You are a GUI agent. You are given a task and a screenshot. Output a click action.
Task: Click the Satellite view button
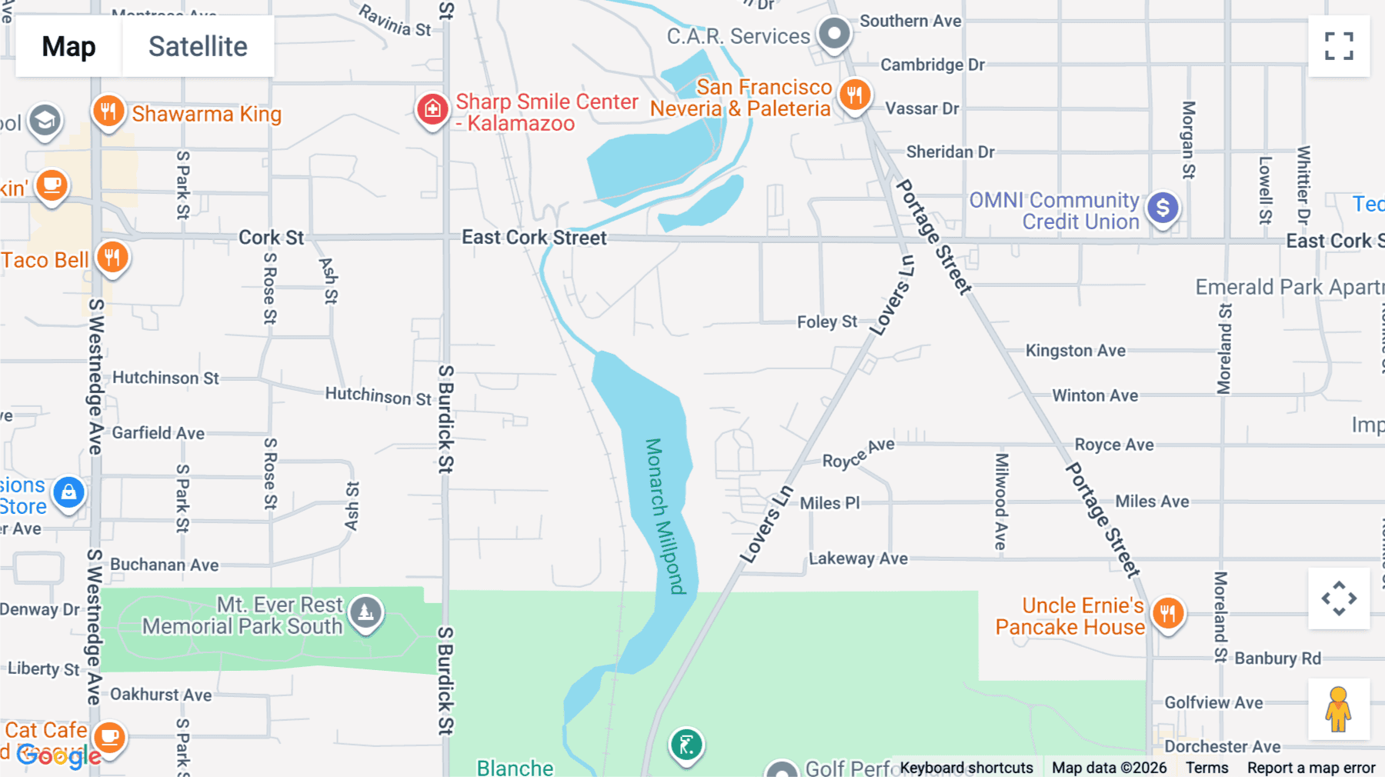[198, 46]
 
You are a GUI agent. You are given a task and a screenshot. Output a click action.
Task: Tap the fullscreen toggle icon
[1339, 46]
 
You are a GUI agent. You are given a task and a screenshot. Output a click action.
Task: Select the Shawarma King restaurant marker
[108, 112]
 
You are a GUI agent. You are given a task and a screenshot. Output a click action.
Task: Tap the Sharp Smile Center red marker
[432, 109]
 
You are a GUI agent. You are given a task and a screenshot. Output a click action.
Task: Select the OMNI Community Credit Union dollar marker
[1163, 208]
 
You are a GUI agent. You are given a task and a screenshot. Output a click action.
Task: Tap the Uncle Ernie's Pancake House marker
[1168, 614]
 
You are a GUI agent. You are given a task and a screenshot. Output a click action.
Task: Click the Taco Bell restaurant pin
[112, 258]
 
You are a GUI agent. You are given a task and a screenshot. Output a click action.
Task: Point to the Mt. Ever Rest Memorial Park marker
[365, 612]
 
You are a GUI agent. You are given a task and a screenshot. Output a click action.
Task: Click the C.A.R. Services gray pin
[834, 34]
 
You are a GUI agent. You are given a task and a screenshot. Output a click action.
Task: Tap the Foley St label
[827, 322]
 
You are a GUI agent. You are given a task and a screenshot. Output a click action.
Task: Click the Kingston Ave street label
[1075, 351]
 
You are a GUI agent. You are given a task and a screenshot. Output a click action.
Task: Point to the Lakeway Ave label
[858, 559]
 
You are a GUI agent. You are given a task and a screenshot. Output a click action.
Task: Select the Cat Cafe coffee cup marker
[110, 737]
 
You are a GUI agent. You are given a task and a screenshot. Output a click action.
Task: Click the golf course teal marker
[686, 745]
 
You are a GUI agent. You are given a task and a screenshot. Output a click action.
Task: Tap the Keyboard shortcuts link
[966, 768]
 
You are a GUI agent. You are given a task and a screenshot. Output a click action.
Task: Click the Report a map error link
[1311, 768]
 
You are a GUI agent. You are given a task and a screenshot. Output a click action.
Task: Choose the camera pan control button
[1339, 599]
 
